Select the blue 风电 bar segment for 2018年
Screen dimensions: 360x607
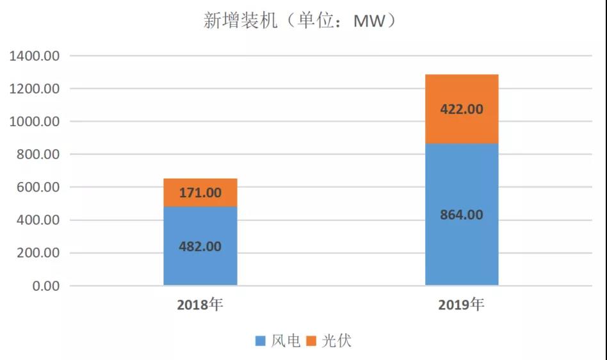(200, 263)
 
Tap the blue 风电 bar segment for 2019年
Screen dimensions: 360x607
(462, 250)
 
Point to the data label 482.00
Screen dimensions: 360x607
(200, 245)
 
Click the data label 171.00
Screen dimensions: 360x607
(200, 192)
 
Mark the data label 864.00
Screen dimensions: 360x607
(462, 215)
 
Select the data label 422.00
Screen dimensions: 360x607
(462, 109)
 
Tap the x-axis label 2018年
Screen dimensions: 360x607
(200, 304)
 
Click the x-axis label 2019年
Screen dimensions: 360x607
(462, 304)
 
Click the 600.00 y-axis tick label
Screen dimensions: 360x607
(38, 188)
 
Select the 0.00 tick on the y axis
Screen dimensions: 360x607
(45, 286)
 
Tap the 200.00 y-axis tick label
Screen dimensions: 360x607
(38, 253)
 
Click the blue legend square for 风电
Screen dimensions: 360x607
(260, 341)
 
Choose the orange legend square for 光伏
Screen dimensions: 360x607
(312, 341)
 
